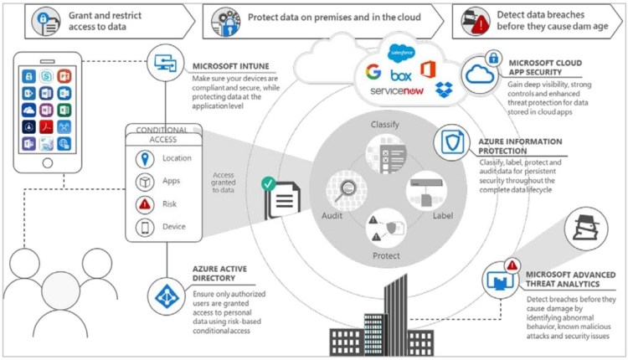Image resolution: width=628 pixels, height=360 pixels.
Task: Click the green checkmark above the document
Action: (x=268, y=182)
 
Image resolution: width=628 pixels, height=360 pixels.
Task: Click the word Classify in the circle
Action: (x=387, y=125)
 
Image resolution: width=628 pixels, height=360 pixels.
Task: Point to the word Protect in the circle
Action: (x=387, y=255)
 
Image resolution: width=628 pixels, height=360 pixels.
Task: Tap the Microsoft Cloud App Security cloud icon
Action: (x=481, y=71)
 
